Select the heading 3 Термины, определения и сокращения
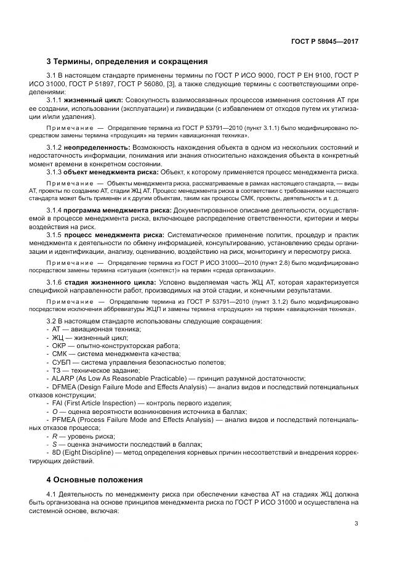(127, 62)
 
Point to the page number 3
(357, 524)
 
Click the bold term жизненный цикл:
(94, 99)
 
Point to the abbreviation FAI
(58, 403)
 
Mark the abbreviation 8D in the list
(57, 452)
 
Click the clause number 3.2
(53, 322)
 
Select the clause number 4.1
(53, 495)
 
